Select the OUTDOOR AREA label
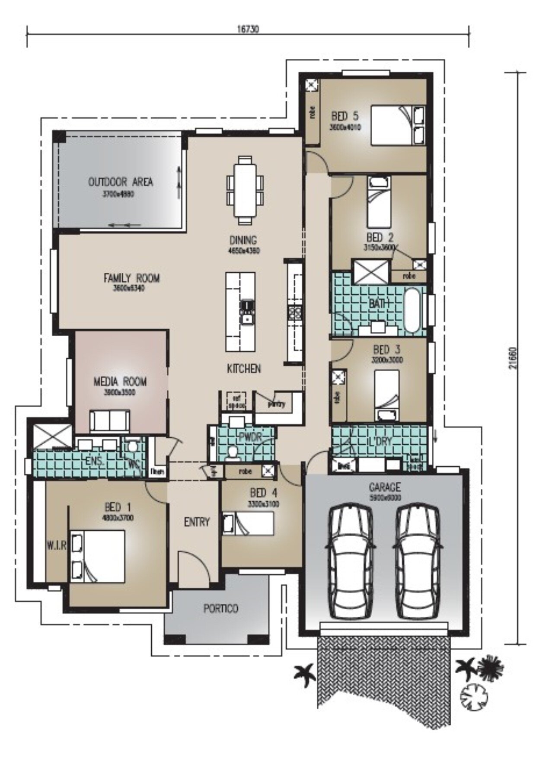pos(121,182)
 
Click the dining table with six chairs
pos(245,190)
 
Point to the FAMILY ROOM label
pos(131,278)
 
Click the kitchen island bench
pos(240,312)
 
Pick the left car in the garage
pos(350,561)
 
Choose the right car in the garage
pos(418,561)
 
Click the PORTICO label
pos(220,608)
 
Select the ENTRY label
pos(197,522)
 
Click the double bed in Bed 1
pos(98,556)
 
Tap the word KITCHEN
pos(244,369)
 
